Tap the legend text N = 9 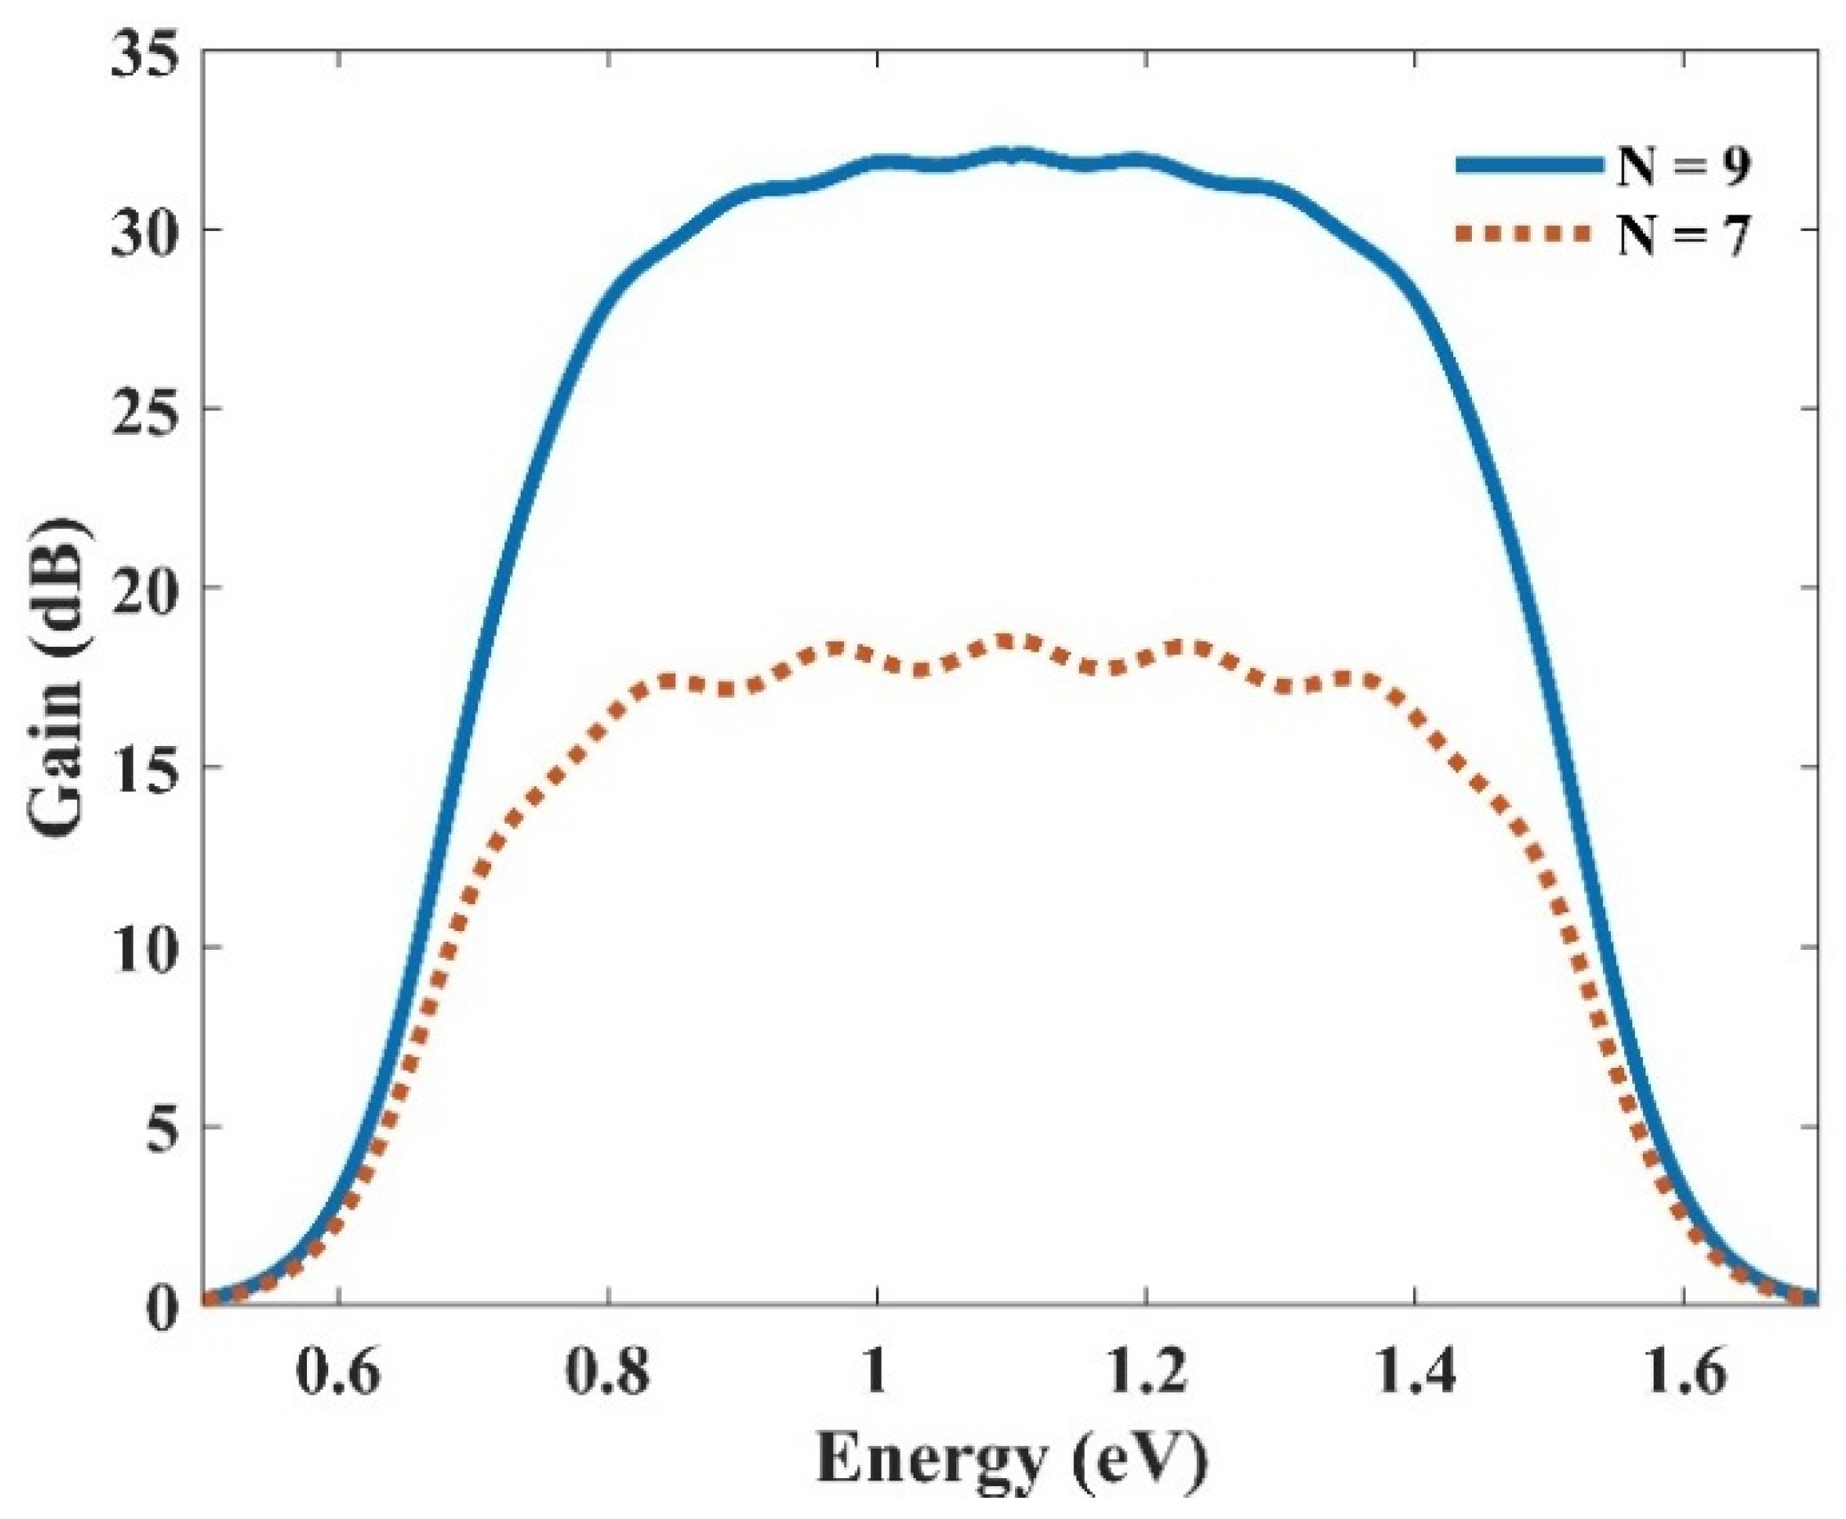(x=1682, y=166)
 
